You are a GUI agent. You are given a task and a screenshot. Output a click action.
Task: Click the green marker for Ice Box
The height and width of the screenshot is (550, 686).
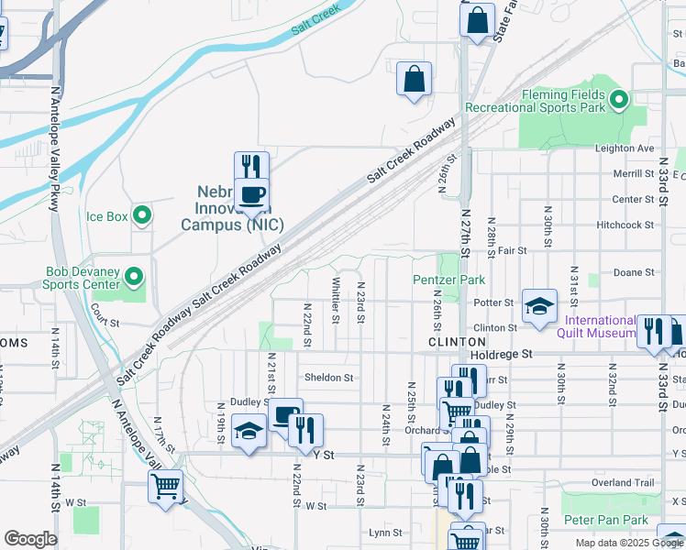point(142,216)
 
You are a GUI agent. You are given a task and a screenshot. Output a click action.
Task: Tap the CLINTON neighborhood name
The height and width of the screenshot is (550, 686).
point(449,341)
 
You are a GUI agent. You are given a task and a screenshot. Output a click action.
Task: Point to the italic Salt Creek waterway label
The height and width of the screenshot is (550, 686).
point(315,21)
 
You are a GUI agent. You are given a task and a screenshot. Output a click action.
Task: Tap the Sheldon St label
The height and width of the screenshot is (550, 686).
point(328,377)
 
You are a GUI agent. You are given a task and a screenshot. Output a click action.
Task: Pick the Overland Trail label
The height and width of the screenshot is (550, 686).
point(624,482)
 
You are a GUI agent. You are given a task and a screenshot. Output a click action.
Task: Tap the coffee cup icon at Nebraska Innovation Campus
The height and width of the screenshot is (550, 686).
point(251,194)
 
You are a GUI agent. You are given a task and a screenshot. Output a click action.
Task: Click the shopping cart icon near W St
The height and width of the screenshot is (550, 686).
point(165,486)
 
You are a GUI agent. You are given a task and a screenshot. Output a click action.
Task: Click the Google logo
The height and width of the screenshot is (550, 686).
point(30,539)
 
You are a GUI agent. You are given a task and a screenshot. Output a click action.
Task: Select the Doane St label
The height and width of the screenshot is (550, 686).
point(633,272)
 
